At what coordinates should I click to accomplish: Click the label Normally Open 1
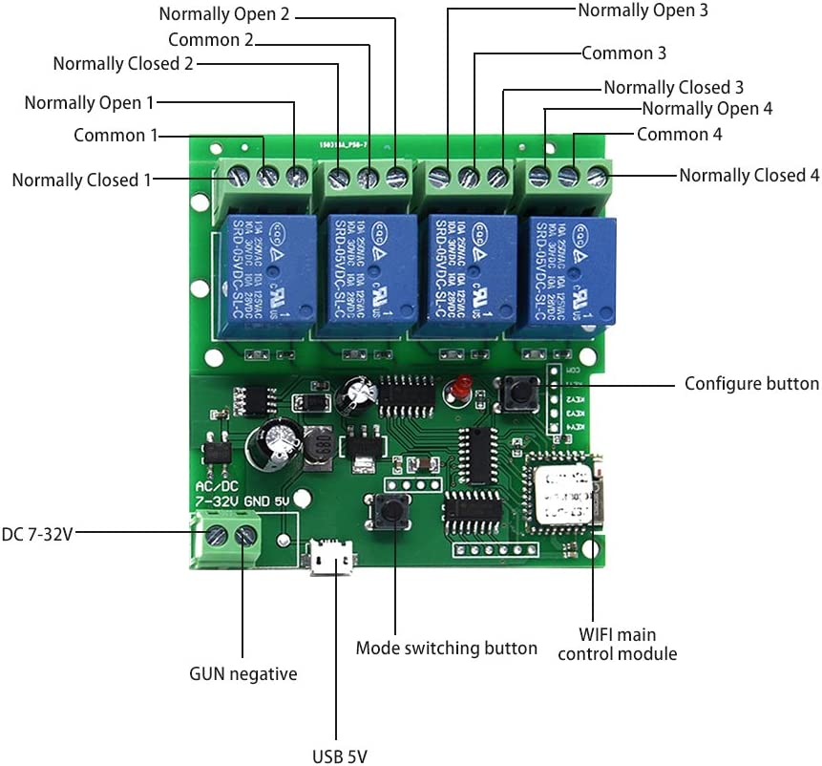(x=88, y=102)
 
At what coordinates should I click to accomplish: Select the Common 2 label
(x=211, y=40)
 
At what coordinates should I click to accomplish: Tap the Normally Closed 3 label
(x=673, y=88)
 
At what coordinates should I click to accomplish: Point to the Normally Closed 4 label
(x=748, y=176)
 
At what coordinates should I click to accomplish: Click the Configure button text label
(x=751, y=384)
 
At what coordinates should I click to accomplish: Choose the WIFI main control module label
(x=617, y=645)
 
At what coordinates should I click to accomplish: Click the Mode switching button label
(x=446, y=649)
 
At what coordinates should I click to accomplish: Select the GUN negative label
(x=242, y=674)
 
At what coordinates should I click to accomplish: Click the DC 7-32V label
(x=37, y=535)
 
